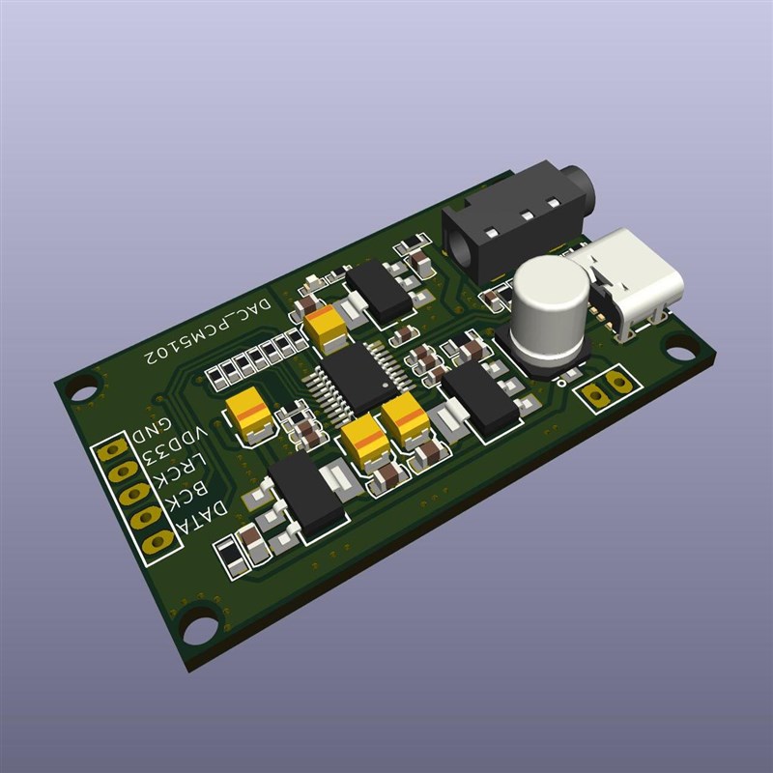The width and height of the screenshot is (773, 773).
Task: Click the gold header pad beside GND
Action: (x=114, y=450)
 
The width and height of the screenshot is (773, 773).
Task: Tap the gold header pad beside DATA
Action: (x=157, y=543)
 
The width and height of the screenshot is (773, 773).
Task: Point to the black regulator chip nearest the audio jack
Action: (x=380, y=291)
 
